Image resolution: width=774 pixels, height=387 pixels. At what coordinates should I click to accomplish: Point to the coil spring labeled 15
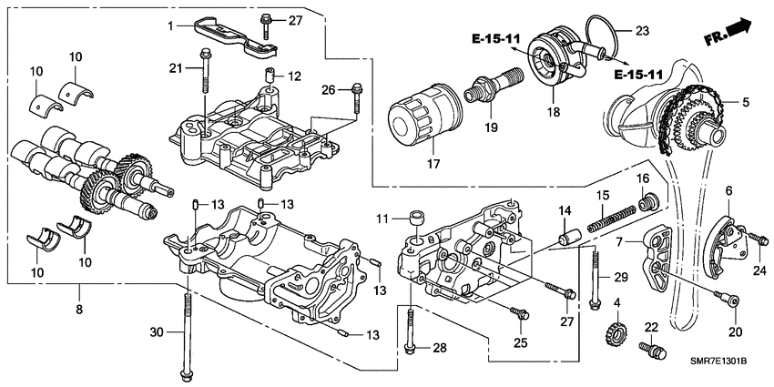pyautogui.click(x=609, y=218)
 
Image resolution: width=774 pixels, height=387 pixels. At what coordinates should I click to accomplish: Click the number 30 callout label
pyautogui.click(x=158, y=332)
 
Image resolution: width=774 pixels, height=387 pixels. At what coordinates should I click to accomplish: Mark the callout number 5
pyautogui.click(x=746, y=103)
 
